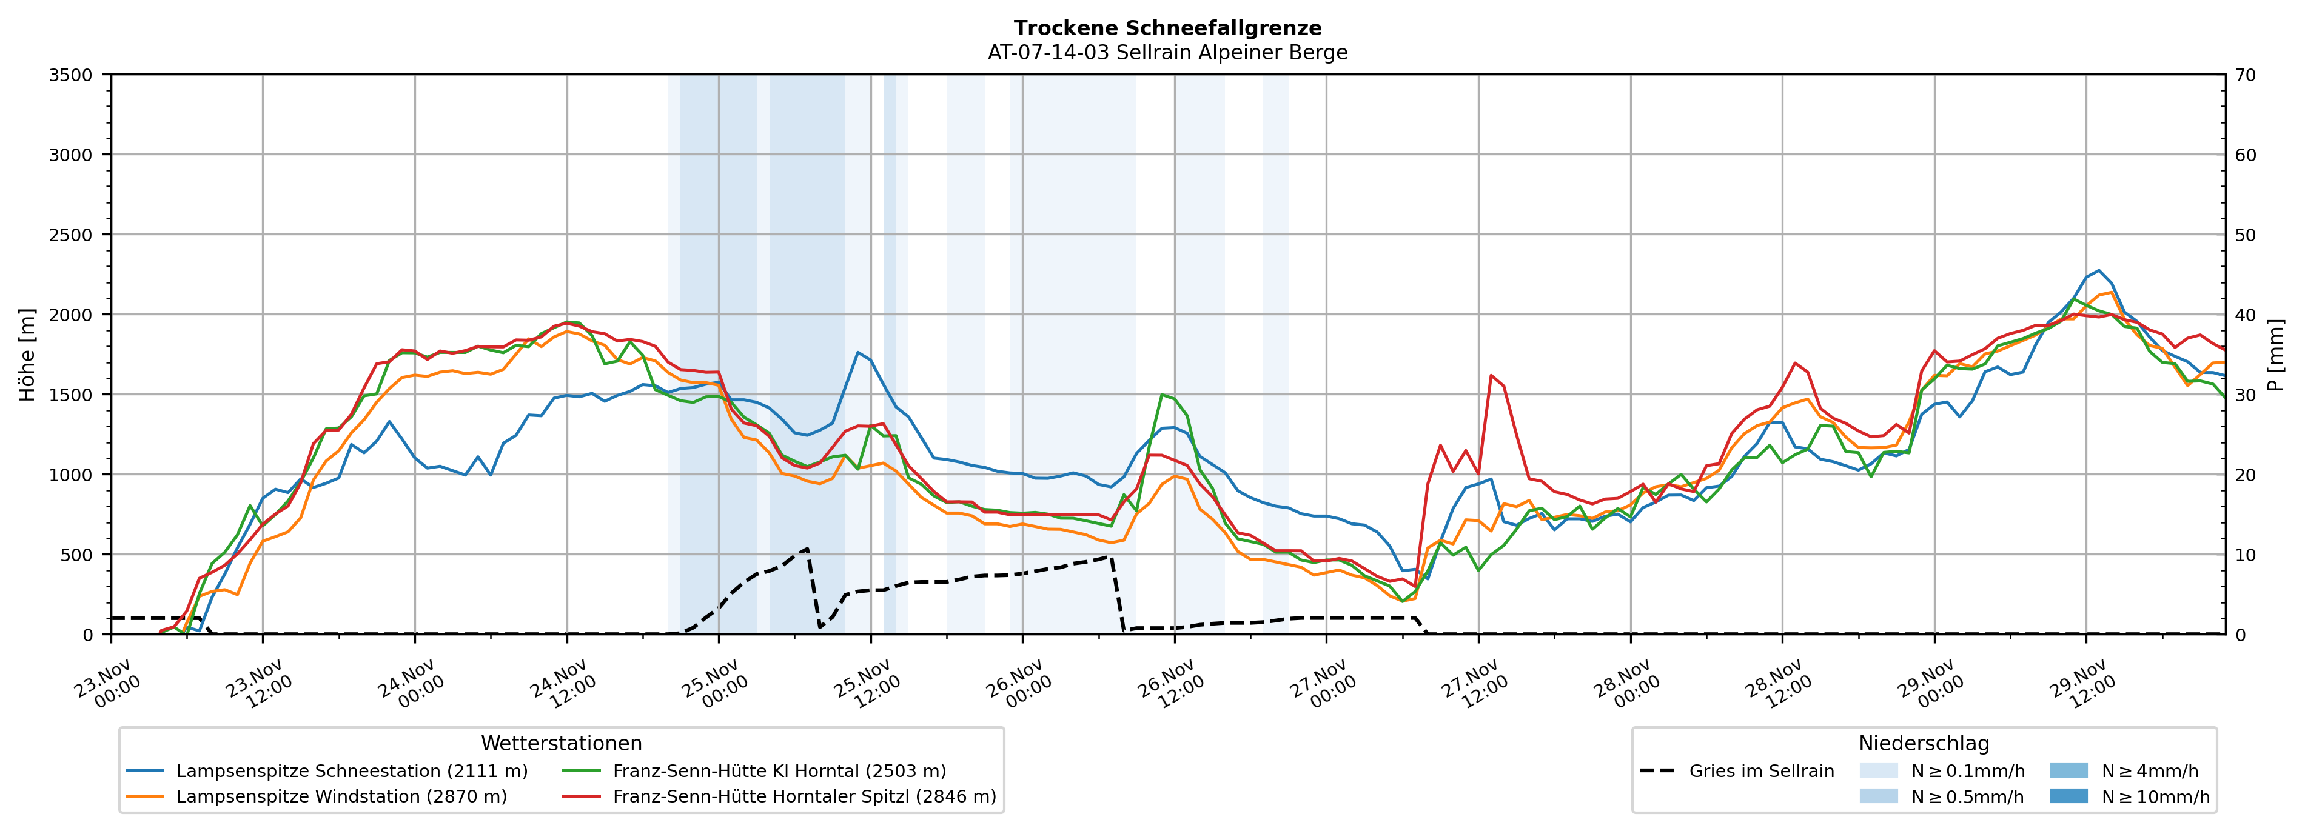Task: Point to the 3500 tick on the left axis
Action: (x=71, y=75)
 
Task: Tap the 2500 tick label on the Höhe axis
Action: (x=71, y=235)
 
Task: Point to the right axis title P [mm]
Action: (x=2277, y=355)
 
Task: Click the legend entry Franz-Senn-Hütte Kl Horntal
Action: (x=779, y=771)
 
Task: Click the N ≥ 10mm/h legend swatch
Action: (x=2068, y=796)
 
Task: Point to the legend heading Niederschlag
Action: (x=1924, y=743)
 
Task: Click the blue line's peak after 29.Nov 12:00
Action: (x=2098, y=270)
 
